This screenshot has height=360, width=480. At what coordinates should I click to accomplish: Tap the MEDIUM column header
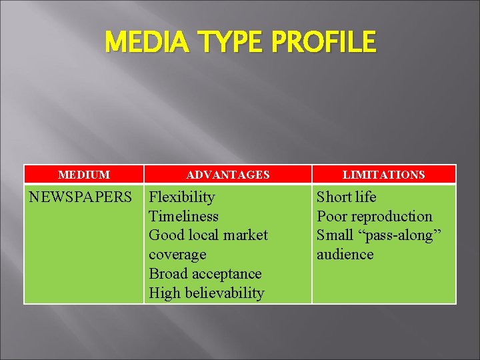tap(84, 175)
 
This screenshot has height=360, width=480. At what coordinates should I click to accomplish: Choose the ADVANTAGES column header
tap(228, 175)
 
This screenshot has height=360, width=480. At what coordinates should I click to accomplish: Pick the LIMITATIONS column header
tap(383, 175)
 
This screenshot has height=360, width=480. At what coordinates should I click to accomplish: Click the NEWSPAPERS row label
tap(81, 197)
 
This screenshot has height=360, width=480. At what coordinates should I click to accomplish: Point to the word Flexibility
tap(182, 197)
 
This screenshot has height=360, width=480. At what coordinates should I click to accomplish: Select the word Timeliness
tap(183, 216)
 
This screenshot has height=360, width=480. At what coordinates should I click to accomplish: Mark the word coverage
tap(177, 255)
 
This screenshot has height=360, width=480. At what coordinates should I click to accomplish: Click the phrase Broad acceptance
tap(205, 273)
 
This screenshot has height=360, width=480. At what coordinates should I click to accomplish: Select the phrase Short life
tap(346, 197)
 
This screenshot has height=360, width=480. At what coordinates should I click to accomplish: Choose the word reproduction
tap(391, 216)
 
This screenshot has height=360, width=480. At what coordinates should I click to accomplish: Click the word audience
tap(345, 255)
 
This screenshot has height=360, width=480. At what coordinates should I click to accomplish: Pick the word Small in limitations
tap(335, 235)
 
